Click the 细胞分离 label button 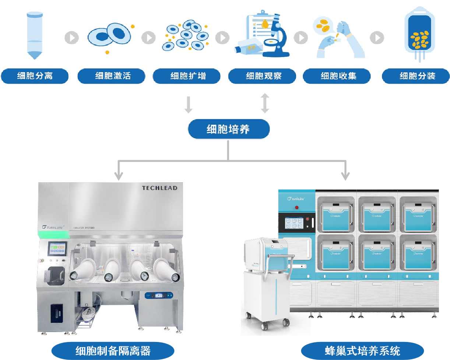coord(35,76)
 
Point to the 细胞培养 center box coord(228,129)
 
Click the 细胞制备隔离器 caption coord(113,351)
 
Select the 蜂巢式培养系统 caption coord(362,351)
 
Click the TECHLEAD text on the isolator coord(159,188)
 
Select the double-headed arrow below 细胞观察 coord(265,103)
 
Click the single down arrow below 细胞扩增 coord(188,105)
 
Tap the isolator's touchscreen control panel coord(57,248)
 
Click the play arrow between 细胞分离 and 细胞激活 coord(72,38)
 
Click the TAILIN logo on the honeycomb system coord(296,199)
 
